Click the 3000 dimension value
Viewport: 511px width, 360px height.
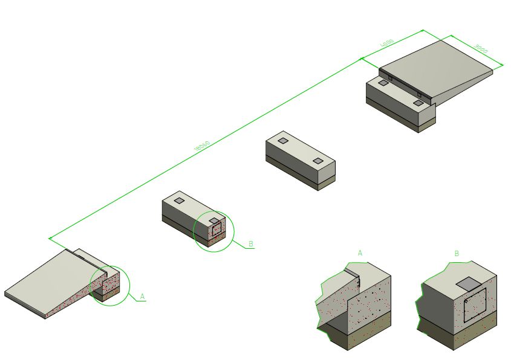click(482, 48)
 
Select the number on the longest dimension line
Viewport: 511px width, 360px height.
click(203, 145)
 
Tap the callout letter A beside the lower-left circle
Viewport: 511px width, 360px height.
click(142, 296)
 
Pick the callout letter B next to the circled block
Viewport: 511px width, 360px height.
click(251, 244)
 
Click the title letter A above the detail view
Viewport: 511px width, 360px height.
click(360, 253)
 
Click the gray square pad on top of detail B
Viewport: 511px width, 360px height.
click(467, 283)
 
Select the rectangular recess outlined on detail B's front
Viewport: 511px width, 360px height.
click(474, 305)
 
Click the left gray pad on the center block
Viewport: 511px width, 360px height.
click(283, 141)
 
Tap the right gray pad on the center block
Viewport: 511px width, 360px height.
click(318, 161)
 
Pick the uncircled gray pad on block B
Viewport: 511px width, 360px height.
click(179, 200)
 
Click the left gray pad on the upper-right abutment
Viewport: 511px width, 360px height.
click(383, 83)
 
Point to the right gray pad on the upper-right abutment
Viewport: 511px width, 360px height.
click(418, 103)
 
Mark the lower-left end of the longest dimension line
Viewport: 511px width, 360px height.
click(50, 237)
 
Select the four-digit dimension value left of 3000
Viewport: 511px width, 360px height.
click(387, 43)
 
